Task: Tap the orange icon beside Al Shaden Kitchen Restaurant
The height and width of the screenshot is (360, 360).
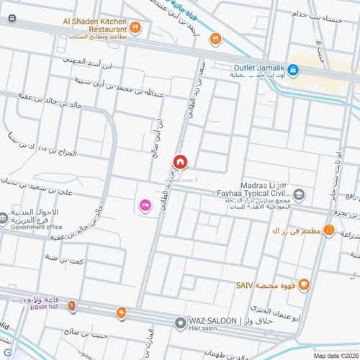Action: coord(135,27)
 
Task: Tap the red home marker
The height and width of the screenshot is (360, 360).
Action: coord(179,162)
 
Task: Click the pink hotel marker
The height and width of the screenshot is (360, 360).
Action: coord(144,207)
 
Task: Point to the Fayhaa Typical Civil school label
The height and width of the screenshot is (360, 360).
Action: coord(253,192)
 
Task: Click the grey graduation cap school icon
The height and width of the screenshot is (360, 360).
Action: coord(299,194)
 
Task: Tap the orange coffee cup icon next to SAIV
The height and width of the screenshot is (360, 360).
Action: coord(304,284)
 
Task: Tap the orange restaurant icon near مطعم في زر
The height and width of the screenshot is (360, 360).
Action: coord(328,230)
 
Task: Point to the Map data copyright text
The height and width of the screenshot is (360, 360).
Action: coord(335,355)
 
